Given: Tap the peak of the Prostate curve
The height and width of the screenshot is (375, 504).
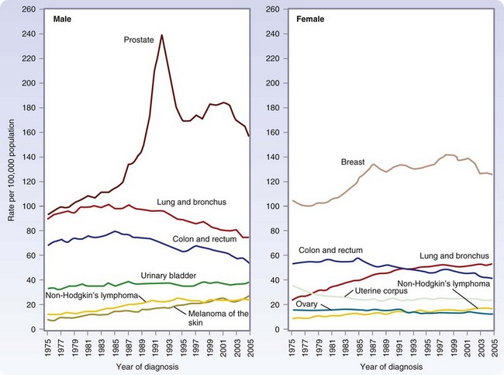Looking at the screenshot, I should pyautogui.click(x=162, y=35).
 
